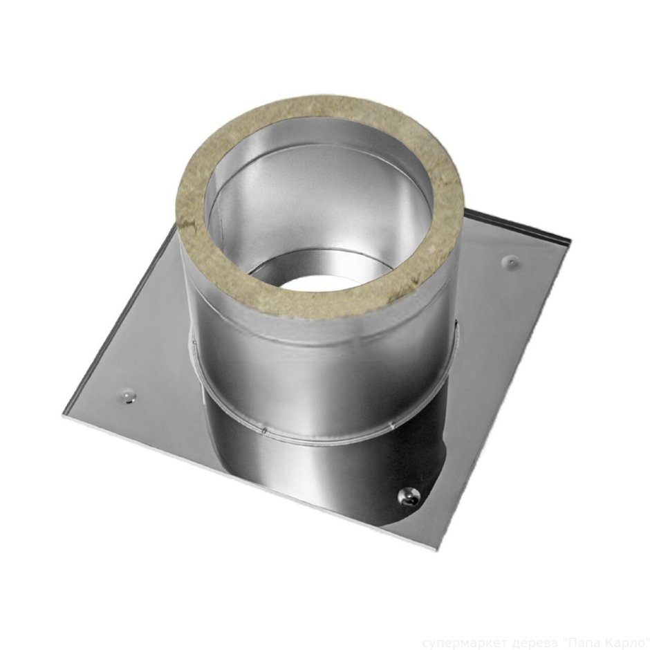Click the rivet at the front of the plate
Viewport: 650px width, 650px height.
407,496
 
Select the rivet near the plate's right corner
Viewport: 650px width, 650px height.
510,261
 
